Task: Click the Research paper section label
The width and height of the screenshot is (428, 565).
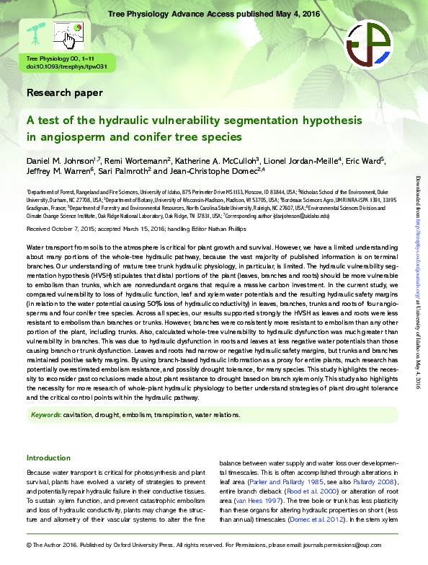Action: point(64,92)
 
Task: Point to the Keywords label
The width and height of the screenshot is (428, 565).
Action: point(45,415)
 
